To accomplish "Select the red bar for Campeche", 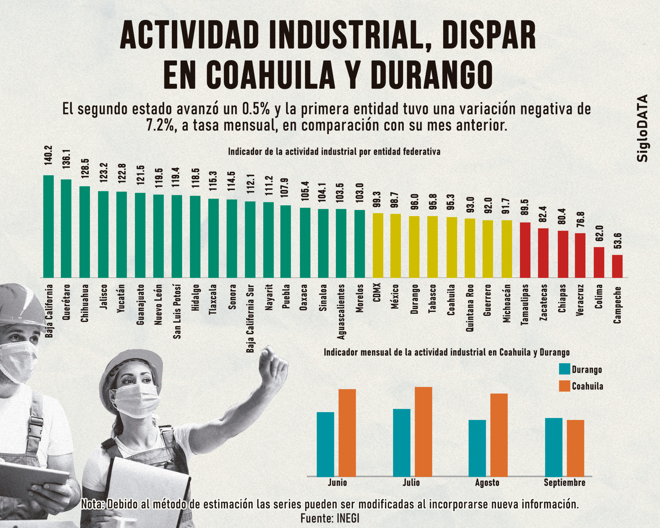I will [617, 266].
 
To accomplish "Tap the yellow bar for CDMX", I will [378, 245].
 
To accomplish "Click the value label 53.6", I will [617, 241].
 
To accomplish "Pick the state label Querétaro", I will [66, 302].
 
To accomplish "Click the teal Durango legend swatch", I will [564, 369].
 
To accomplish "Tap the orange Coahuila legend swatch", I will [564, 386].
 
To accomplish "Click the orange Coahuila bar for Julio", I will [423, 431].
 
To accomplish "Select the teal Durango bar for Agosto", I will [477, 448].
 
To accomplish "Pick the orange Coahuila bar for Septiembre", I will [575, 448].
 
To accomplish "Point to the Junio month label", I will [337, 483].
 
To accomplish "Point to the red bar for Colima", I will [599, 262].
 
